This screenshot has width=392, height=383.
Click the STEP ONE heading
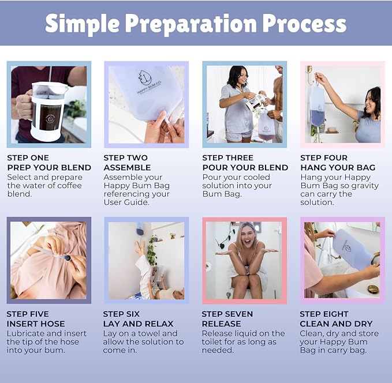tap(28, 157)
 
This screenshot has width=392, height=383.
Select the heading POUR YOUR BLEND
tap(245, 167)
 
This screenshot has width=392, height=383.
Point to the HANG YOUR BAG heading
tap(338, 167)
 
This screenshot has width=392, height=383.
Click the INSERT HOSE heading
tap(36, 324)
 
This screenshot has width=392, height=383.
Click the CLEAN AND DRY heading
tap(336, 324)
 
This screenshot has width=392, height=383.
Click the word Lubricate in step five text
tap(27, 333)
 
